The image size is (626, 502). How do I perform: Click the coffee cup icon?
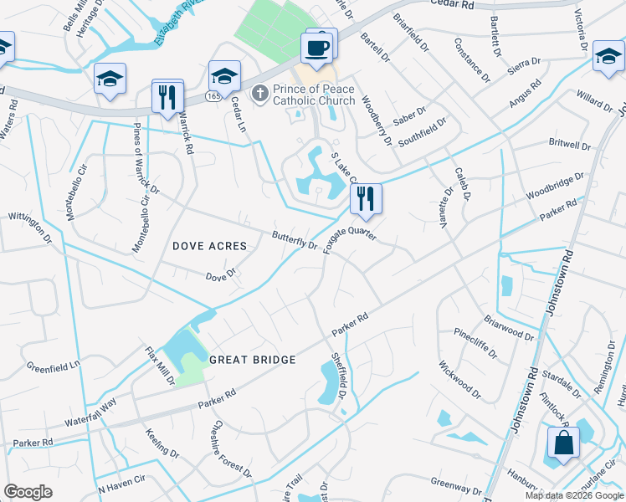click(317, 48)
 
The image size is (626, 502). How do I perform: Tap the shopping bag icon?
click(564, 443)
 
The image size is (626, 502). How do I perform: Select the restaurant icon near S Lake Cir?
click(365, 198)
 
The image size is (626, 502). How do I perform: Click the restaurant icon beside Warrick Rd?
click(167, 96)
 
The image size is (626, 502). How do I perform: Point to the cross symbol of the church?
click(260, 95)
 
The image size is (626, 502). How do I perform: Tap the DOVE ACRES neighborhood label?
click(209, 246)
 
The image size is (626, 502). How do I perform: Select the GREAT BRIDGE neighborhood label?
click(252, 360)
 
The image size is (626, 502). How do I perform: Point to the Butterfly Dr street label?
click(295, 240)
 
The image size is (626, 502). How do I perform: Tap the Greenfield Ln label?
click(53, 366)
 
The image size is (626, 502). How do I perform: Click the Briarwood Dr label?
click(509, 327)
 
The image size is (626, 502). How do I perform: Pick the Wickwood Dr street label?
click(459, 378)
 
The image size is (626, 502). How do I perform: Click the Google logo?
click(28, 492)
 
